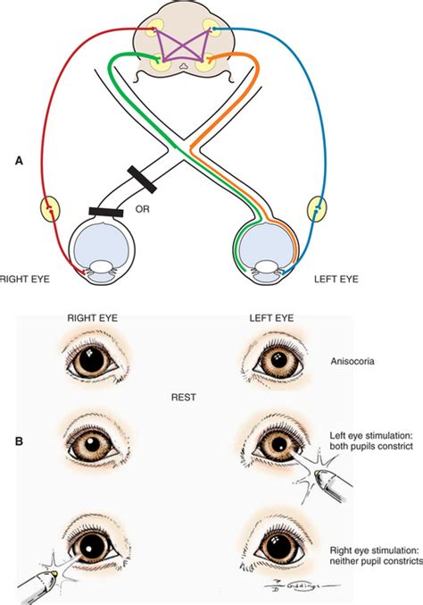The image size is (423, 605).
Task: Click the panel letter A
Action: pyautogui.click(x=19, y=161)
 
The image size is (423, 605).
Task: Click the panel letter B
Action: pyautogui.click(x=19, y=441)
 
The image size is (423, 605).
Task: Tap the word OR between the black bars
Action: pyautogui.click(x=142, y=209)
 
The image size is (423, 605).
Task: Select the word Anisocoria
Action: pyautogui.click(x=352, y=362)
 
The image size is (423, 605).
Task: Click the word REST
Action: pyautogui.click(x=183, y=398)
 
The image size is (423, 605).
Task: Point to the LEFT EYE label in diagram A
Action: pyautogui.click(x=336, y=279)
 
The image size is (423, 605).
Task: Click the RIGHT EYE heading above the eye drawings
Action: pyautogui.click(x=93, y=318)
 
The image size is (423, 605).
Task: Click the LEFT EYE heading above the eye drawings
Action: pyautogui.click(x=271, y=318)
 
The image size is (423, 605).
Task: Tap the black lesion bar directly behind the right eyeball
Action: pyautogui.click(x=106, y=212)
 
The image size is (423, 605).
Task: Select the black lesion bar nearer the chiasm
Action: pyautogui.click(x=142, y=180)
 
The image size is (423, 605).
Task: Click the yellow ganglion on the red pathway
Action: pyautogui.click(x=51, y=209)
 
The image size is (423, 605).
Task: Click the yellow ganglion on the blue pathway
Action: pyautogui.click(x=317, y=209)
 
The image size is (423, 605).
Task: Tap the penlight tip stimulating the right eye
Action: pyautogui.click(x=54, y=574)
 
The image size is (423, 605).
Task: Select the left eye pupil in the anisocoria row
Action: pyautogui.click(x=278, y=360)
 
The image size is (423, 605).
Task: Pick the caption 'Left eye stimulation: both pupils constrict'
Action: pyautogui.click(x=371, y=441)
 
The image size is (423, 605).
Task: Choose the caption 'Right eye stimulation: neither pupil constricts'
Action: pyautogui.click(x=376, y=556)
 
